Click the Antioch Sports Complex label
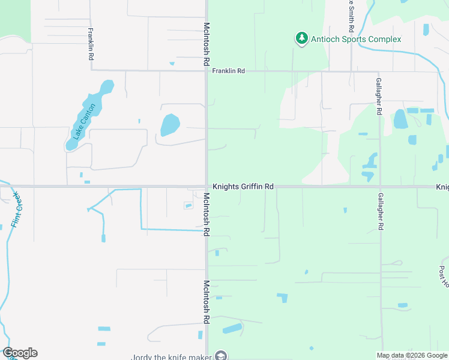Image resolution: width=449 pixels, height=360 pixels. coord(356,40)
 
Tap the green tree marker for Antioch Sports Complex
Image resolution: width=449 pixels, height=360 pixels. coord(301,39)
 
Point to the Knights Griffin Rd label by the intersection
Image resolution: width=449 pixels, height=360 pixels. coord(243,187)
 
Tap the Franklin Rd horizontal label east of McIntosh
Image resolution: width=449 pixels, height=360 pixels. coord(229,71)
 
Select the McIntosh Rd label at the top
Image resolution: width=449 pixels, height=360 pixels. coord(206,44)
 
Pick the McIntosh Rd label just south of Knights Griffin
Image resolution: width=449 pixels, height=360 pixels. coord(206,214)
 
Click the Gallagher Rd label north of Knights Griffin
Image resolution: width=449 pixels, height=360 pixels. coord(379,96)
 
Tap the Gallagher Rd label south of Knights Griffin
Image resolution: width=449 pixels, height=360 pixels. coord(380,212)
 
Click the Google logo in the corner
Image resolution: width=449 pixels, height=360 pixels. coord(20,353)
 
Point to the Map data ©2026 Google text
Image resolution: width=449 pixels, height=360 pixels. coord(412,355)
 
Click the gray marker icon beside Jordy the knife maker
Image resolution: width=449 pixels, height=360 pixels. coord(221,356)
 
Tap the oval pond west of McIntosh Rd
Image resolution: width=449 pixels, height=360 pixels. coord(170,125)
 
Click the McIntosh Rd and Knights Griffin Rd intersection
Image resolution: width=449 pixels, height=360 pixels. coord(206,187)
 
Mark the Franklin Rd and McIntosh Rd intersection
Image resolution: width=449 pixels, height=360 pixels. coord(206,71)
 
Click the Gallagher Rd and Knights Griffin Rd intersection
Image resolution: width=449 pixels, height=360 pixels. coord(380,187)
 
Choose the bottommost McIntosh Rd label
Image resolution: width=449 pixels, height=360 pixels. coord(206,302)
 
